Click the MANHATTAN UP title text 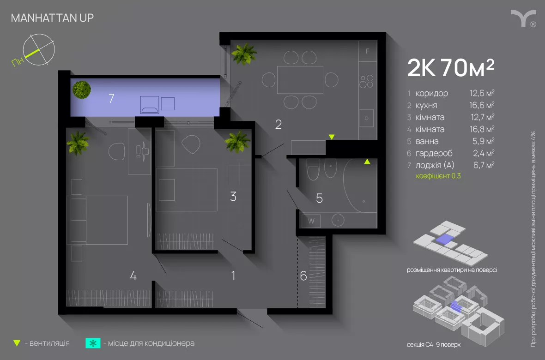click(52, 18)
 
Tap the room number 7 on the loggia click(111, 98)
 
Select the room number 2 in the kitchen click(279, 125)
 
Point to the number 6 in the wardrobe click(303, 276)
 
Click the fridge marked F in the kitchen click(368, 51)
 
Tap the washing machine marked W click(311, 221)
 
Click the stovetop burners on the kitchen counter click(366, 82)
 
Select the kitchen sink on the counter click(366, 118)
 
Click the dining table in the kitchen click(300, 80)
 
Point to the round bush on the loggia click(82, 90)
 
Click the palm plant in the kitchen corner click(244, 54)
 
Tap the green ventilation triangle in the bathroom click(367, 162)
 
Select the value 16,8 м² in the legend click(482, 129)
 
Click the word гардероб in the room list click(434, 153)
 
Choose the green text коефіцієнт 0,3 click(438, 176)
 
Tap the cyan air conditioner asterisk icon click(93, 343)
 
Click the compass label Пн click(18, 61)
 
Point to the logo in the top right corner click(523, 18)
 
